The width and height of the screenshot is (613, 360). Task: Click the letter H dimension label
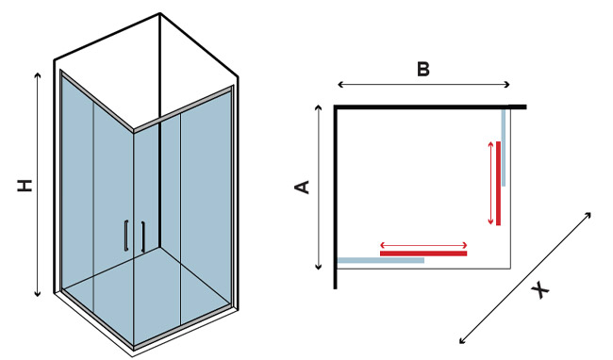[x=25, y=186]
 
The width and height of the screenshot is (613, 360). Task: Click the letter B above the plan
[x=423, y=70]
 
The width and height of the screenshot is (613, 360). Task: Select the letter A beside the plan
[x=302, y=187]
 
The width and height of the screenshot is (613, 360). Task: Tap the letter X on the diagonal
[x=540, y=290]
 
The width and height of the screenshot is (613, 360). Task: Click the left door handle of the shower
[x=125, y=236]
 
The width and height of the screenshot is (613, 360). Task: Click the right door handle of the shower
[x=143, y=237]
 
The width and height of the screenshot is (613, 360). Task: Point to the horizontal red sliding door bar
[x=423, y=254]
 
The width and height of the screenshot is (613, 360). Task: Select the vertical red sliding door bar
[x=499, y=184]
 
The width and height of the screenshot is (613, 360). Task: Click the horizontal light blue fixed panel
[x=381, y=260]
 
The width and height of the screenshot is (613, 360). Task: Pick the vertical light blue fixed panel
[x=504, y=148]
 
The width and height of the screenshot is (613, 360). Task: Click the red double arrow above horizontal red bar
[x=423, y=246]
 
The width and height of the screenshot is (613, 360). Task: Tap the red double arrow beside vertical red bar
[x=491, y=183]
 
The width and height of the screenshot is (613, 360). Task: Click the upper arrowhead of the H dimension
[x=38, y=74]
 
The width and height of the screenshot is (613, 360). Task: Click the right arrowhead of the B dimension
[x=507, y=84]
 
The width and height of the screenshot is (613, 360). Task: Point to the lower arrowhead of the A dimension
[x=319, y=268]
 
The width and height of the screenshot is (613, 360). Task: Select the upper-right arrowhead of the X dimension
[x=588, y=214]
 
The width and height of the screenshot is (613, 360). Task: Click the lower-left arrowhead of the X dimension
[x=461, y=341]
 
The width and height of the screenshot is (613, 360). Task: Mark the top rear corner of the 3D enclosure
[x=160, y=14]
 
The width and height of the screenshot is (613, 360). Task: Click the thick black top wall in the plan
[x=430, y=107]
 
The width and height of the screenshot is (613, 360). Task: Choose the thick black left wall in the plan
[x=336, y=197]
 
